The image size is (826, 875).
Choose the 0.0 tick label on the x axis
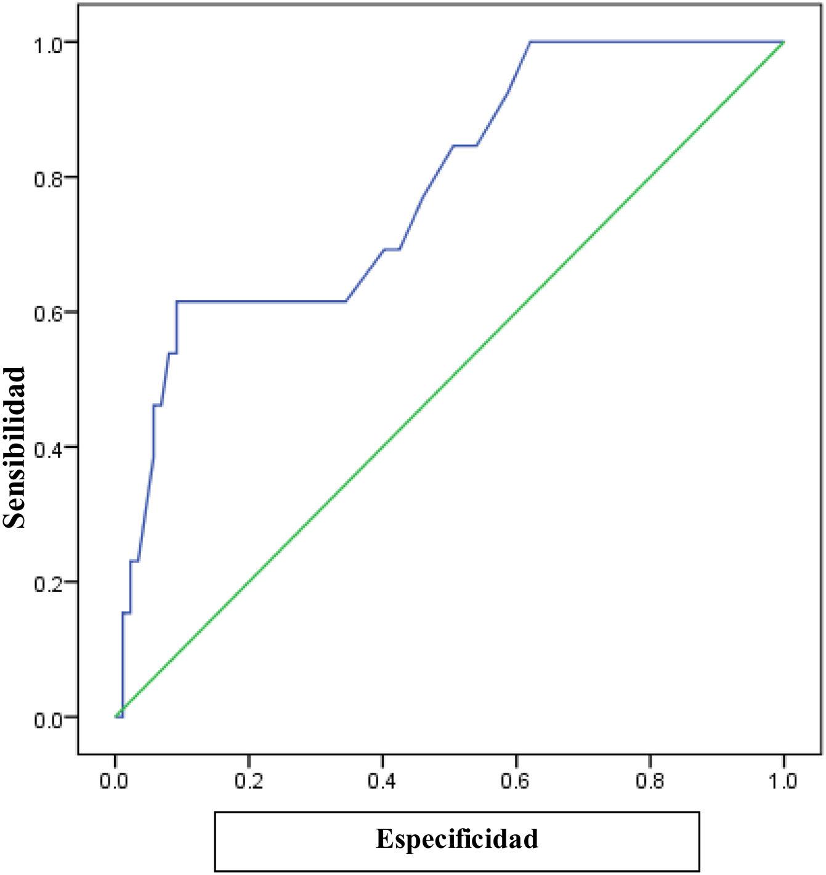115,782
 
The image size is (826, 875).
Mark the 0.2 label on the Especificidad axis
249,782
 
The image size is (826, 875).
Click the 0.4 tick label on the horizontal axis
383,782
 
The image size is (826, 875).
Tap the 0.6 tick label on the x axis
516,782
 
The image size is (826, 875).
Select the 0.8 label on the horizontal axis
650,782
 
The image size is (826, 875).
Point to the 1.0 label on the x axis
783,782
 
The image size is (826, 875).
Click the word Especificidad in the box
457,839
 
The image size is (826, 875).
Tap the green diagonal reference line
450,380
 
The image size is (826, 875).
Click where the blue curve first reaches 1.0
530,42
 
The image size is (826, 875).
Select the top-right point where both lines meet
783,42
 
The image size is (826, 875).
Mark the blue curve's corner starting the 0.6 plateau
177,301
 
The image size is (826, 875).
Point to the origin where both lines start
116,717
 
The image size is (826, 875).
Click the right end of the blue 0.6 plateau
347,301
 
